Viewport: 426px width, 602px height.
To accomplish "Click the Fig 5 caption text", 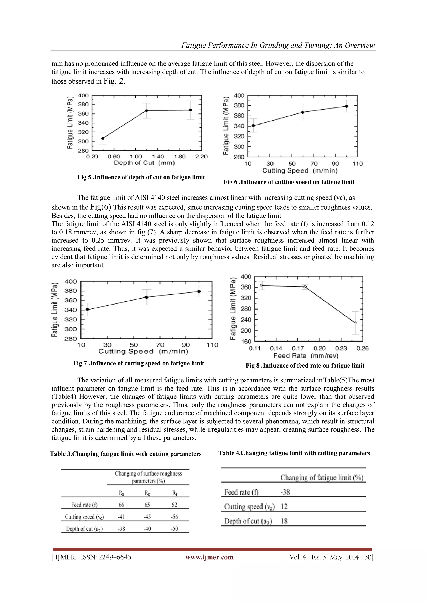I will pos(141,177).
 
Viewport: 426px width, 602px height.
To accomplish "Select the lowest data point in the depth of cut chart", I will pos(103,138).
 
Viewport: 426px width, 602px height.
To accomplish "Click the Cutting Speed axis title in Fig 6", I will pos(300,171).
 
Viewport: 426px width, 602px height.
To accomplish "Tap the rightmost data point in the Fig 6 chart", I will pos(347,106).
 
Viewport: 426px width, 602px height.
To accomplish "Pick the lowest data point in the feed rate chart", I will pos(355,323).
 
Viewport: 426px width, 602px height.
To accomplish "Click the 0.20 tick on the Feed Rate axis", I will pos(319,348).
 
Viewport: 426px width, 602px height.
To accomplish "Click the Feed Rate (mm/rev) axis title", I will pos(306,356).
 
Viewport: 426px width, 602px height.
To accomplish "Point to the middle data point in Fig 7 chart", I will pos(147,297).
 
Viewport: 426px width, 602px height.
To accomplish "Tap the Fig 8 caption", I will pos(305,365).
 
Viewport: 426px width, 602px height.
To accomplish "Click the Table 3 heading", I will pos(126,454).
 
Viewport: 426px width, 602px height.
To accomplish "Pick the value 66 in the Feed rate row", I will pos(121,505).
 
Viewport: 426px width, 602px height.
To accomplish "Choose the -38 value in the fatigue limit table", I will pos(285,492).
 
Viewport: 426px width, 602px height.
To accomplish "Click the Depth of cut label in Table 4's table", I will pos(248,521).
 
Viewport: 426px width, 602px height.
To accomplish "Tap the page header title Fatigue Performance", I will pos(278,45).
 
